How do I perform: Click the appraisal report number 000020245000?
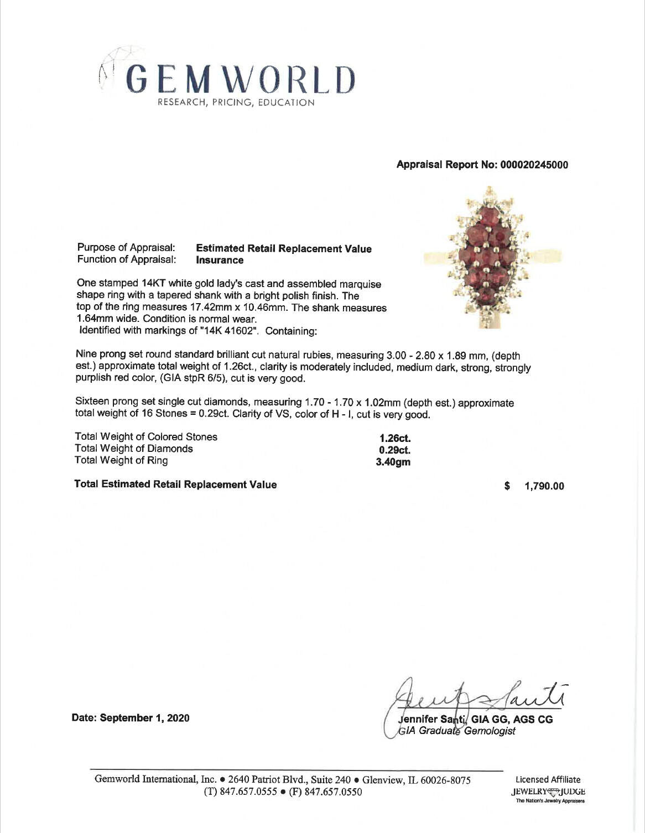click(x=534, y=165)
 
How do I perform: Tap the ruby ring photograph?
click(x=492, y=258)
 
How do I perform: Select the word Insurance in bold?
click(x=220, y=261)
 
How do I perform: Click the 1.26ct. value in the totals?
click(x=394, y=439)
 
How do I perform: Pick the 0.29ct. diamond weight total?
click(x=394, y=450)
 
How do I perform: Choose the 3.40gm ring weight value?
click(x=393, y=462)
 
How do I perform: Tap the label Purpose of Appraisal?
click(x=126, y=248)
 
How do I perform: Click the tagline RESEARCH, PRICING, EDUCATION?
click(x=236, y=102)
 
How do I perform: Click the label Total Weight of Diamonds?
click(x=134, y=449)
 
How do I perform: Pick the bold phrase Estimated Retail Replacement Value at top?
click(x=284, y=249)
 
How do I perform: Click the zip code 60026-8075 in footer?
click(x=446, y=780)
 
